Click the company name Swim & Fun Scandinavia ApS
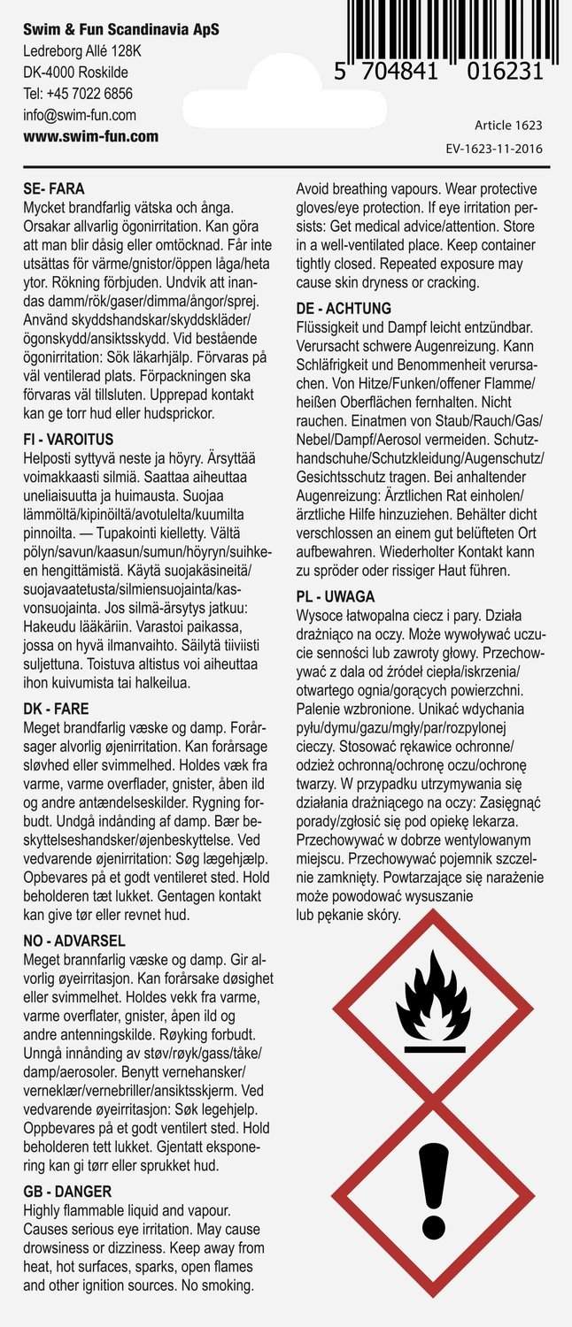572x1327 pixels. coord(121,30)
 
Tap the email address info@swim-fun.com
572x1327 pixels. coord(80,115)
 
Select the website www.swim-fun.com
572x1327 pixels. coord(91,136)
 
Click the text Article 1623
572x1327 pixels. coord(508,126)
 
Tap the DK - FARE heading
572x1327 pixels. coord(55,709)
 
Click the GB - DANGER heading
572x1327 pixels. coord(66,1192)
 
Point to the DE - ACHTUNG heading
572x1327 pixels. coord(344,309)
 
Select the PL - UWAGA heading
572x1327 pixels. coord(336,596)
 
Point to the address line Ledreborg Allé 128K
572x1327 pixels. coord(82,51)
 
